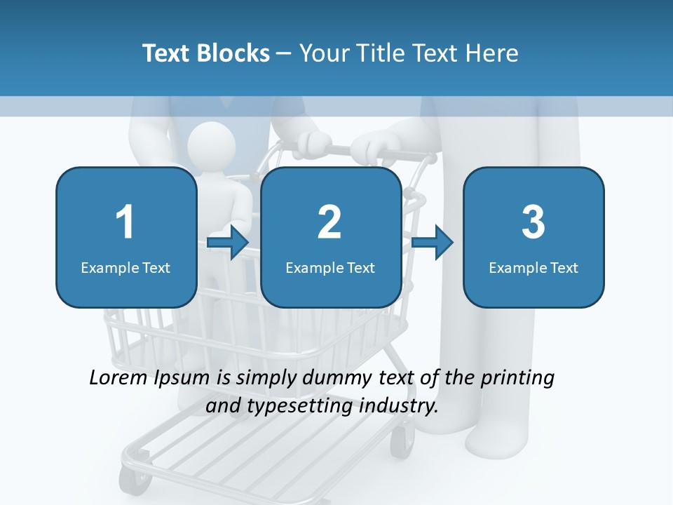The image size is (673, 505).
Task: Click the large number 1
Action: pyautogui.click(x=125, y=222)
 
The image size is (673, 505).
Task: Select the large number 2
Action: pyautogui.click(x=329, y=222)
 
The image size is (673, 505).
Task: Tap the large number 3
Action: pyautogui.click(x=533, y=222)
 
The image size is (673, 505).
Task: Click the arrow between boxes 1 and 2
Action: pyautogui.click(x=228, y=243)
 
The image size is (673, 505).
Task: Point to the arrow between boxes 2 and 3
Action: pyautogui.click(x=432, y=243)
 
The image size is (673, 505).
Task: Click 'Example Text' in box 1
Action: pyautogui.click(x=125, y=268)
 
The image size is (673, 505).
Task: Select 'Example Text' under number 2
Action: pyautogui.click(x=330, y=268)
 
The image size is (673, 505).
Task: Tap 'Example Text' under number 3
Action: pyautogui.click(x=533, y=268)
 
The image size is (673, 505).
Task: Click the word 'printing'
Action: pyautogui.click(x=517, y=378)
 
